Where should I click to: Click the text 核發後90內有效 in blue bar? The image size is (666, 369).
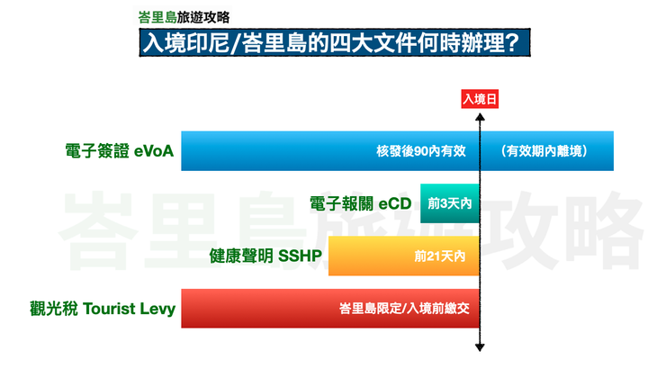(x=420, y=151)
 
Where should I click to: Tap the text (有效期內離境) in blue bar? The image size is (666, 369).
(x=546, y=151)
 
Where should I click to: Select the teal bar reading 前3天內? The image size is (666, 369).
(x=450, y=204)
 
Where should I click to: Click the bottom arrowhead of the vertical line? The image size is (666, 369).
(x=481, y=347)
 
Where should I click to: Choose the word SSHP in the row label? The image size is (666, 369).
(x=300, y=256)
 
